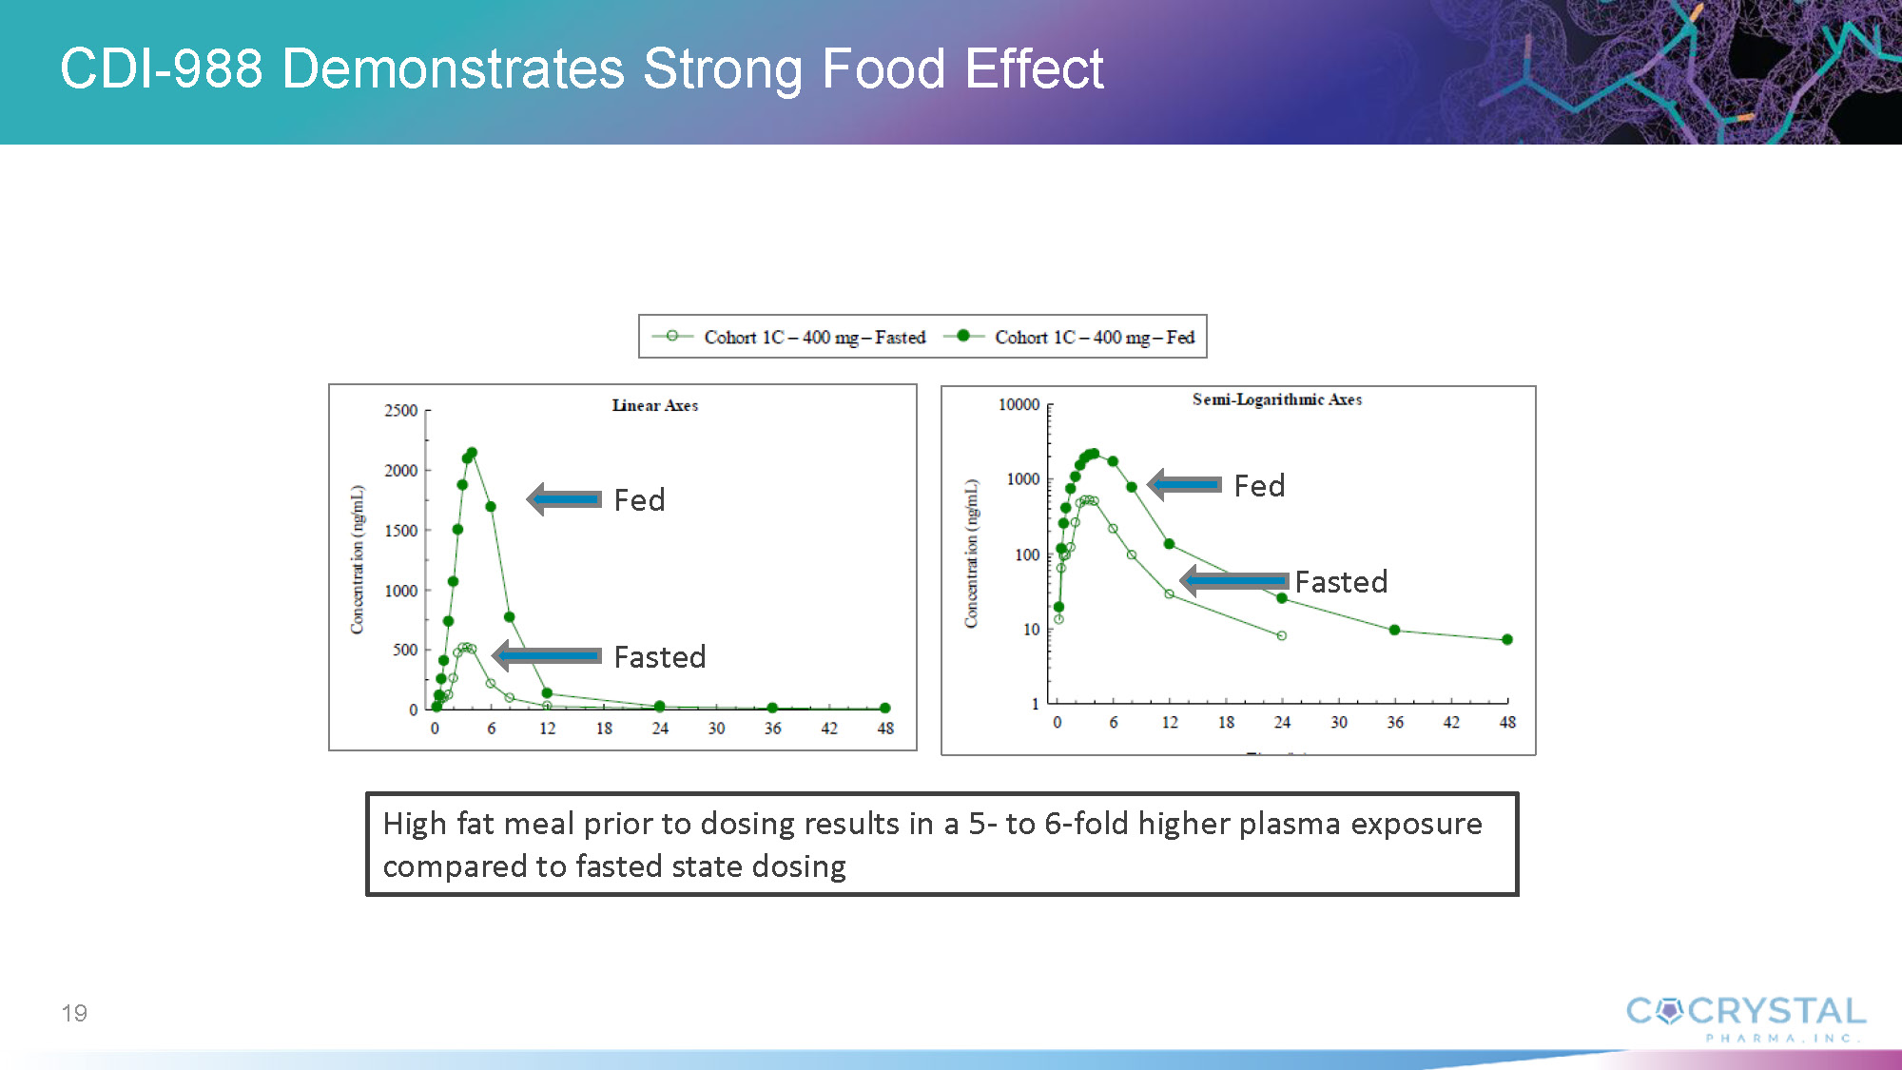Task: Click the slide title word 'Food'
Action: click(x=883, y=69)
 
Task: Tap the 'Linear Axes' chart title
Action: click(x=654, y=405)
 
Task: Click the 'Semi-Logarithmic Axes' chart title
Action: click(x=1276, y=399)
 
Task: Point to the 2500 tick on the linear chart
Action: click(x=400, y=411)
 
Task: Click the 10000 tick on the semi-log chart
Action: click(x=1019, y=405)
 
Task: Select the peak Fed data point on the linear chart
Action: click(x=472, y=453)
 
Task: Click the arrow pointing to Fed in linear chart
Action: click(x=564, y=499)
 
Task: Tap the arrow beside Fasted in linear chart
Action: click(x=547, y=655)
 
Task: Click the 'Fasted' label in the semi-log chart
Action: click(x=1341, y=581)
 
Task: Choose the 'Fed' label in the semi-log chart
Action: click(x=1259, y=486)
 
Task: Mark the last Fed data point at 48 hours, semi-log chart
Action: click(x=1507, y=640)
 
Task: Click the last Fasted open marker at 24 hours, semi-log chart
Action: click(x=1282, y=635)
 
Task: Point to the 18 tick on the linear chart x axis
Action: click(x=604, y=729)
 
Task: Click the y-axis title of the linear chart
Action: click(x=358, y=559)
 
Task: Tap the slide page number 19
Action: click(x=74, y=1013)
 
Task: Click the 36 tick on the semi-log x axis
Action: click(x=1395, y=723)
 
